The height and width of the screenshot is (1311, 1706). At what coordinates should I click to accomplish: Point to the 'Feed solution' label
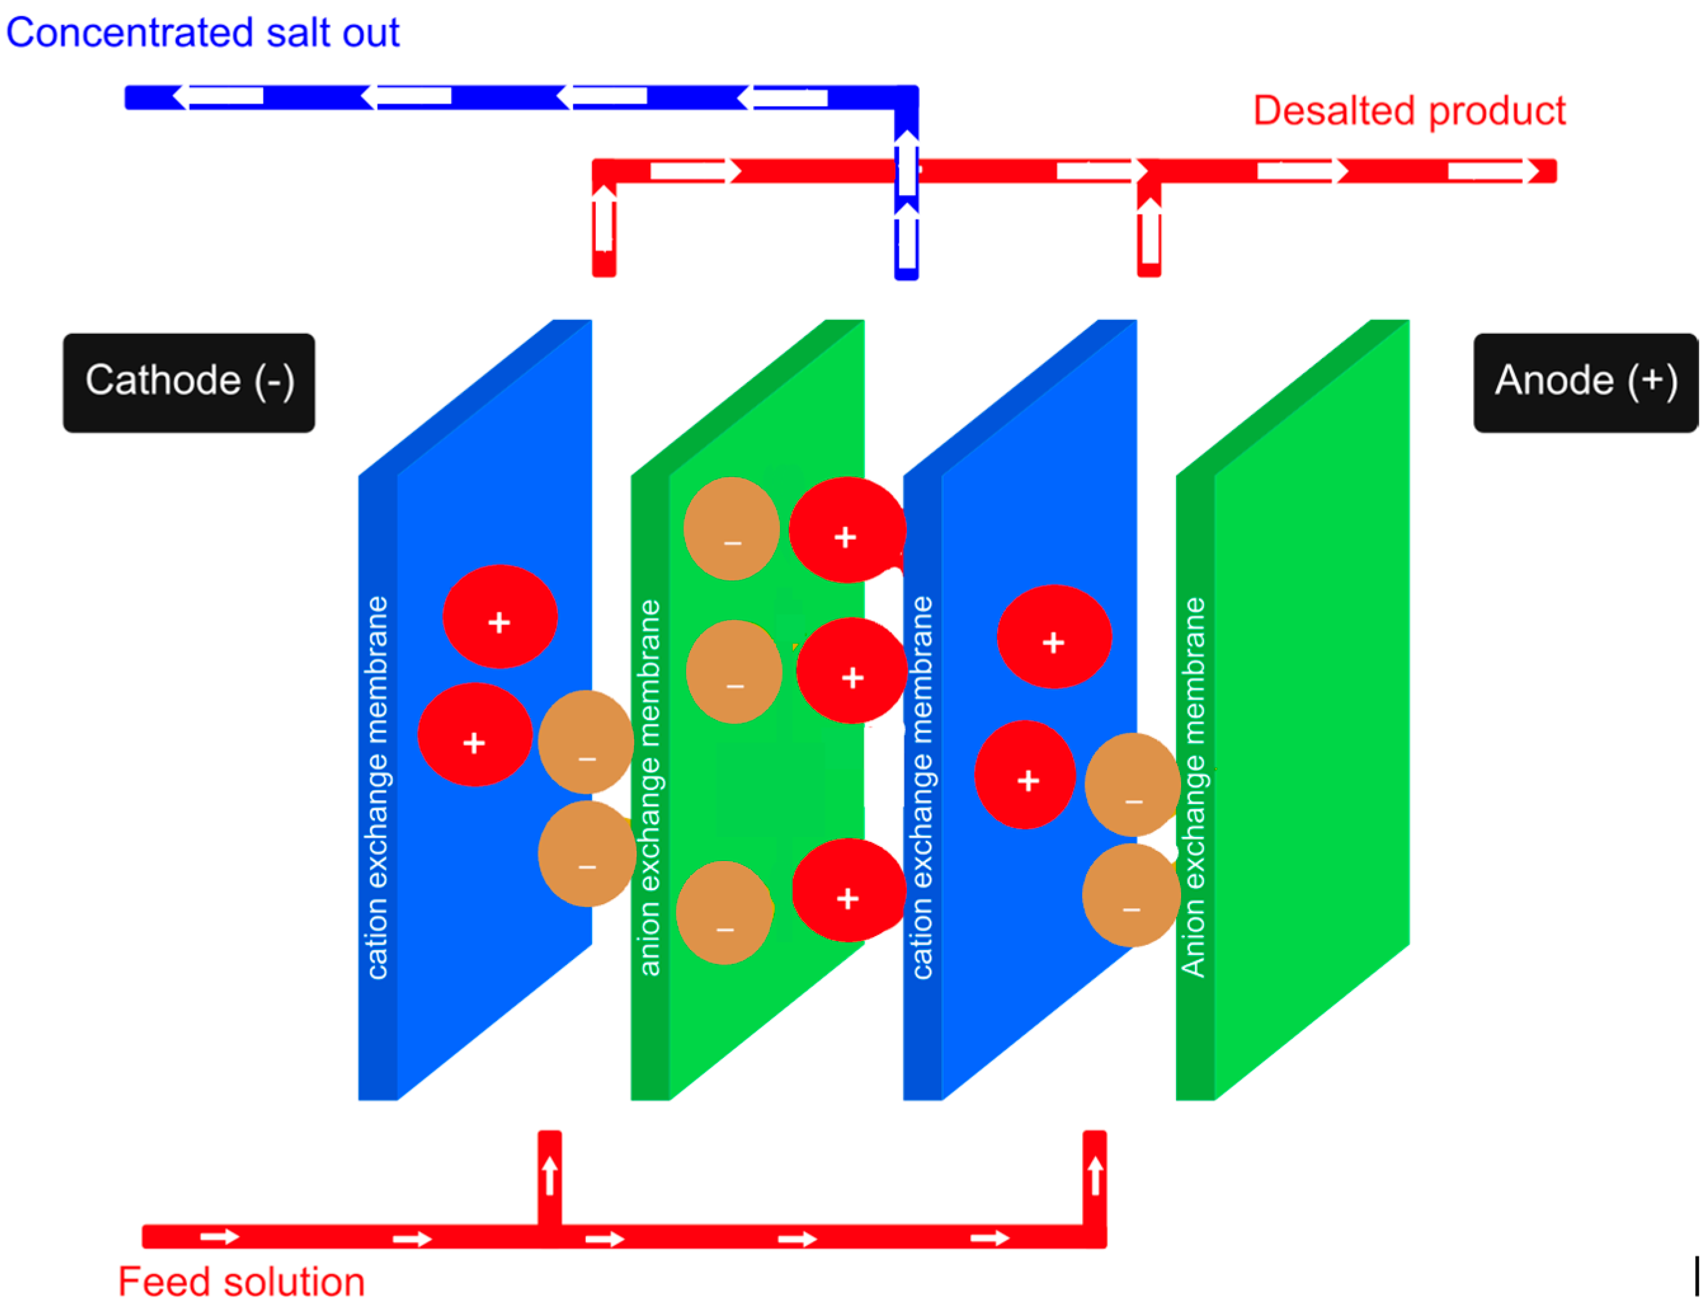[x=241, y=1281]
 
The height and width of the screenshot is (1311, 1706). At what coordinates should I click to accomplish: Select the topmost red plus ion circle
[x=847, y=530]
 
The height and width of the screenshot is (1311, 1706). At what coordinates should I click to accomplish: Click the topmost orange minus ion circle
[x=731, y=529]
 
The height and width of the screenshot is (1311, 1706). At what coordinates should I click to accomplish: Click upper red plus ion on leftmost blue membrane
[x=499, y=617]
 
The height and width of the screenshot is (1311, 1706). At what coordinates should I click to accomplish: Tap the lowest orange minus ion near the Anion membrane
[x=1130, y=895]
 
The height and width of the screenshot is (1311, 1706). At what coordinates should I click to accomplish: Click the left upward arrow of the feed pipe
[x=550, y=1175]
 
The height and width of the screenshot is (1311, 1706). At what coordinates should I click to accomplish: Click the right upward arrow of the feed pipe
[x=1094, y=1175]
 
